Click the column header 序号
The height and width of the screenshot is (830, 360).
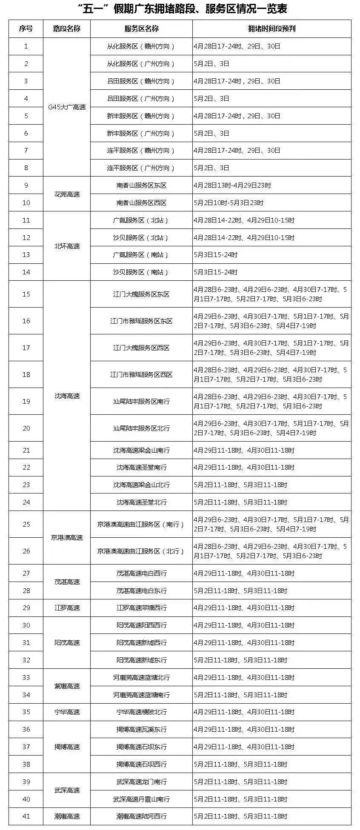coord(26,29)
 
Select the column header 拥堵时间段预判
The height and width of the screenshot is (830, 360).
coord(271,29)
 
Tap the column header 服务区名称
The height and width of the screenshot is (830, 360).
coord(141,29)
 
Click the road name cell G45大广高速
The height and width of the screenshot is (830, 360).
coord(67,107)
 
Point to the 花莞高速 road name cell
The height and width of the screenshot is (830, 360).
coord(67,194)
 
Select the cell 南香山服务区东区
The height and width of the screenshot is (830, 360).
coord(141,185)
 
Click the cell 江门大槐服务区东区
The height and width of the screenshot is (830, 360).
coord(141,294)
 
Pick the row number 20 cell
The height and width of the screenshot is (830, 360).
coord(26,428)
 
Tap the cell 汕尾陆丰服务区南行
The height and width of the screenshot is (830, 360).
coord(141,401)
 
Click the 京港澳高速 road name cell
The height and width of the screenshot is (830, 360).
coord(67,538)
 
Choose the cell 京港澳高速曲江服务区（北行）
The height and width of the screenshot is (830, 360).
coord(141,551)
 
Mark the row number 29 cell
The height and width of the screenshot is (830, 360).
coord(26,608)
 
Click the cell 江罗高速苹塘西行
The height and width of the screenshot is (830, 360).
coord(141,608)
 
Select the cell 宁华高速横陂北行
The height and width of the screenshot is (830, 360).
coord(141,712)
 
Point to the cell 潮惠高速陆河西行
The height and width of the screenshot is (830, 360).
coord(141,816)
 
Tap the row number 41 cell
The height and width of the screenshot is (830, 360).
coord(26,816)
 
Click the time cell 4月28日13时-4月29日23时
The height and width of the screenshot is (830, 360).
coord(232,185)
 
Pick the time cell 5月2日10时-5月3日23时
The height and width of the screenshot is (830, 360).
coord(229,203)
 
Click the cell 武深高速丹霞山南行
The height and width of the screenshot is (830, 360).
coord(141,799)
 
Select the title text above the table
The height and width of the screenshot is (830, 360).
coord(180,9)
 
